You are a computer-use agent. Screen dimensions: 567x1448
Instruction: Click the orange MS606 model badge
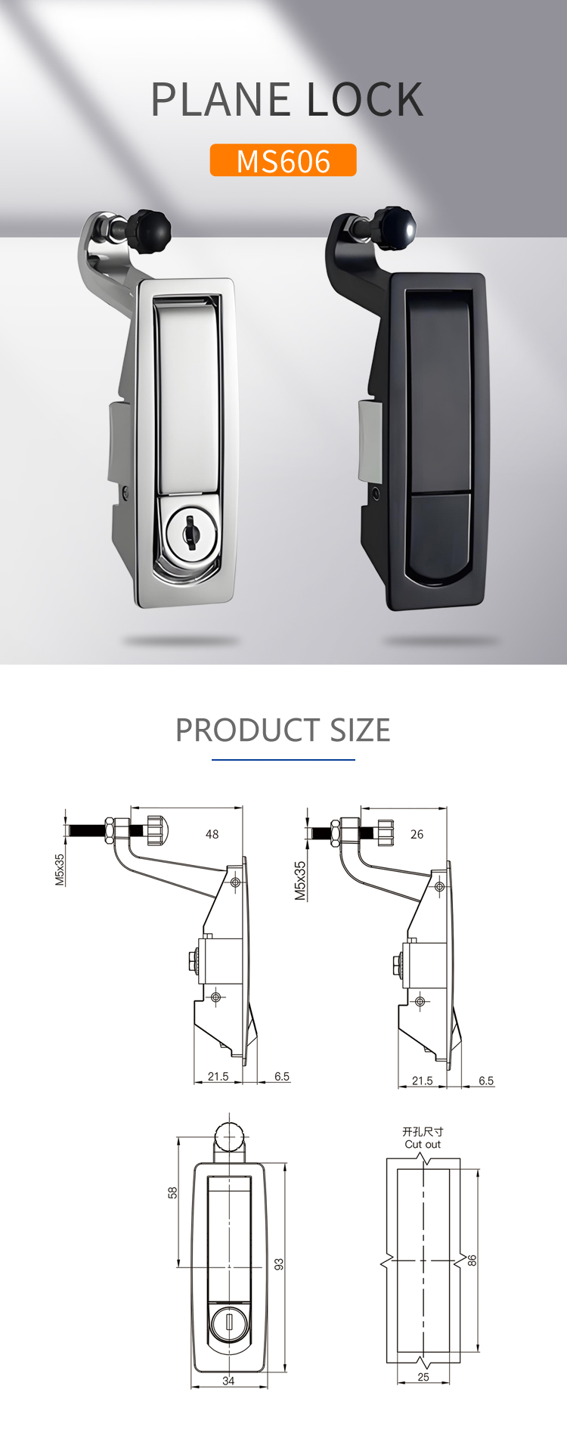coord(283,160)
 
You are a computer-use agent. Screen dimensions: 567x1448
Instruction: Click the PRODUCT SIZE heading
coord(283,730)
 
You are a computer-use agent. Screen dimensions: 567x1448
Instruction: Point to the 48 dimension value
coord(212,834)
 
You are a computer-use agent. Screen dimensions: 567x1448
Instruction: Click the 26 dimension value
coord(417,834)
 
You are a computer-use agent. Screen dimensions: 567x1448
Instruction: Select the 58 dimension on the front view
coord(172,1192)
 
